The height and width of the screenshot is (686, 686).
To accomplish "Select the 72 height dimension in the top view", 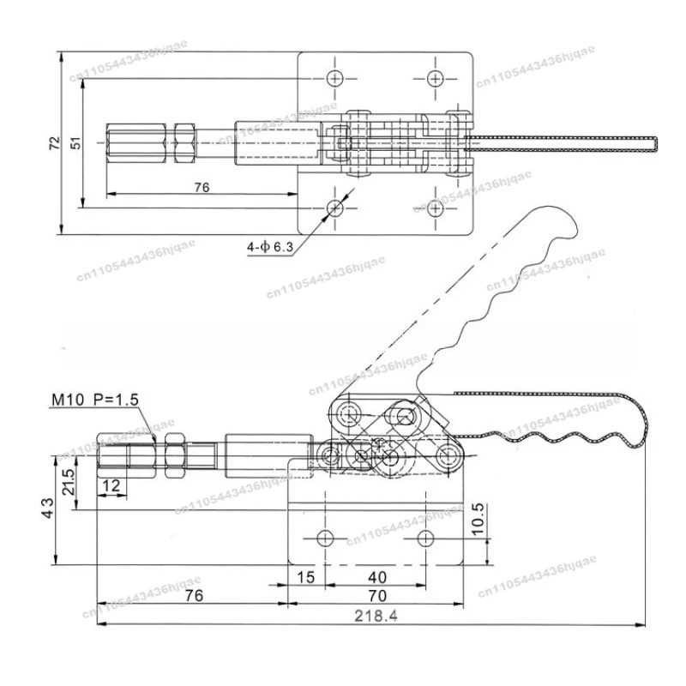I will click(53, 142).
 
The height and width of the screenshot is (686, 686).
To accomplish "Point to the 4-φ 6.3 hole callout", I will click(270, 247).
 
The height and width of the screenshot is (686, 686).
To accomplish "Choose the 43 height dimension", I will click(49, 508).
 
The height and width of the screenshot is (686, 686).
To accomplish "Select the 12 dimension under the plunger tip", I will click(111, 485).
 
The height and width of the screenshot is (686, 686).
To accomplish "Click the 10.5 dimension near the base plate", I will click(479, 519).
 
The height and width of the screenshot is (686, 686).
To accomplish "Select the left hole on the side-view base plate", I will click(325, 538).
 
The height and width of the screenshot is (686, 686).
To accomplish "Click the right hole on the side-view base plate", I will click(425, 538).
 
